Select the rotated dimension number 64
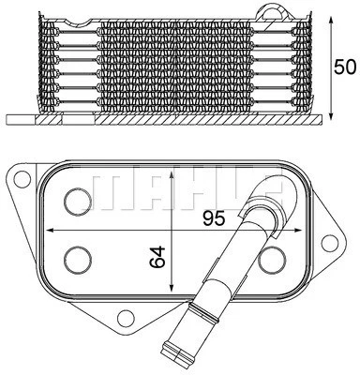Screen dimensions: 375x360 pos(159,256)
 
